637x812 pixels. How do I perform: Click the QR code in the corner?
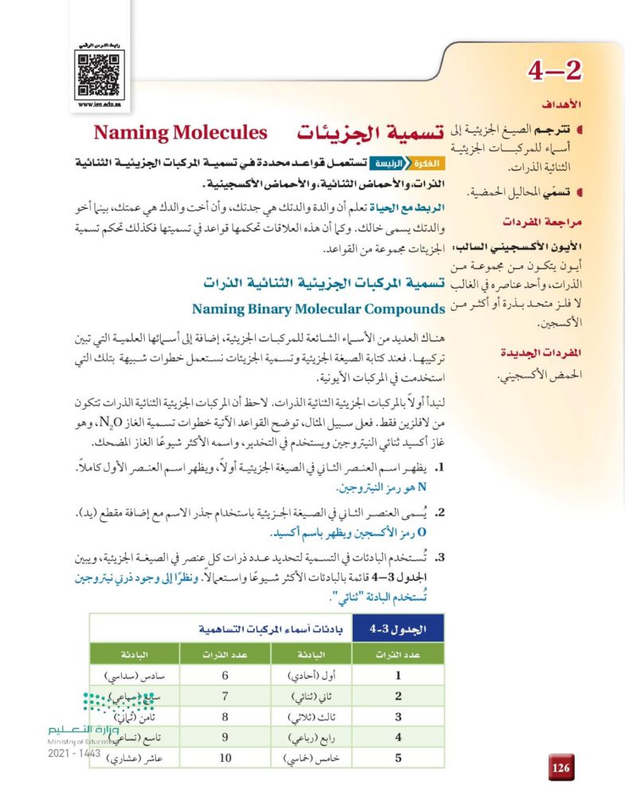99,73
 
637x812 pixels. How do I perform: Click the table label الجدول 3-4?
399,630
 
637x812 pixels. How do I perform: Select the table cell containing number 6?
225,676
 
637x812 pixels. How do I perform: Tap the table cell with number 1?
398,676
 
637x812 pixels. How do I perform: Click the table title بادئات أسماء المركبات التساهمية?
252,630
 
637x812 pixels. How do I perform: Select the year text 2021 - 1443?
72,753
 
